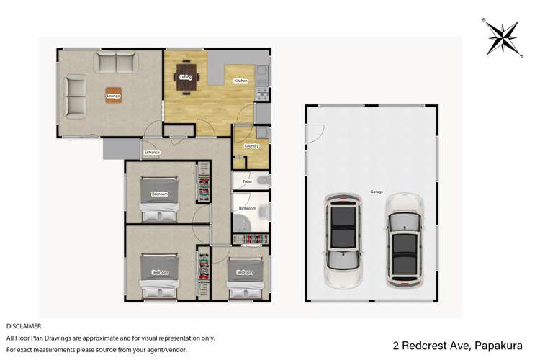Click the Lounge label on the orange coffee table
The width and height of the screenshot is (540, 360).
click(112, 96)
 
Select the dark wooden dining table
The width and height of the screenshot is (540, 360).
click(186, 77)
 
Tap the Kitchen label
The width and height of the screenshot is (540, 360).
click(240, 81)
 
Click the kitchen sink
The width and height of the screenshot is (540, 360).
click(262, 72)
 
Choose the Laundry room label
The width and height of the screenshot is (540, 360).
click(251, 146)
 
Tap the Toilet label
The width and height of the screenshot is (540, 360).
click(247, 182)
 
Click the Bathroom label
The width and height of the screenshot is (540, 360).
click(247, 209)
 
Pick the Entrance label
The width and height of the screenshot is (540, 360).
click(151, 153)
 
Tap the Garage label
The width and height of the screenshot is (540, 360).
click(376, 192)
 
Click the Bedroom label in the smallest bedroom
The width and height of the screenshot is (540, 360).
click(245, 272)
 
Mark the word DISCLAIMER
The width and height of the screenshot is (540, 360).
click(24, 326)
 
